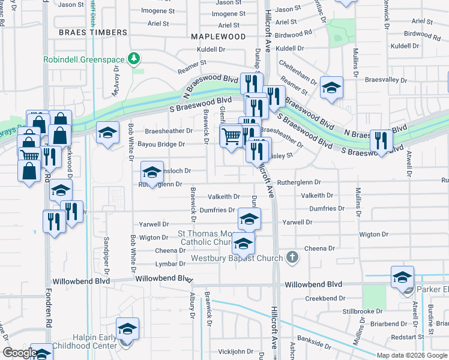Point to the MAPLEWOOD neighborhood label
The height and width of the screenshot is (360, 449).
click(x=218, y=37)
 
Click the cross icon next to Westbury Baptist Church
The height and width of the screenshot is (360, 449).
click(x=292, y=258)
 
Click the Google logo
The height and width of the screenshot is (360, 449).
click(x=20, y=353)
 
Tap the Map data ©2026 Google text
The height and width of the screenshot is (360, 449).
click(x=412, y=355)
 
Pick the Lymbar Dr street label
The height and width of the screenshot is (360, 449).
click(x=170, y=264)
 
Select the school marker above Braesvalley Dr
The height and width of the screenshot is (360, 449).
click(x=331, y=88)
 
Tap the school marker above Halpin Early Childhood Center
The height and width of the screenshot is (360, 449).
click(x=127, y=329)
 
